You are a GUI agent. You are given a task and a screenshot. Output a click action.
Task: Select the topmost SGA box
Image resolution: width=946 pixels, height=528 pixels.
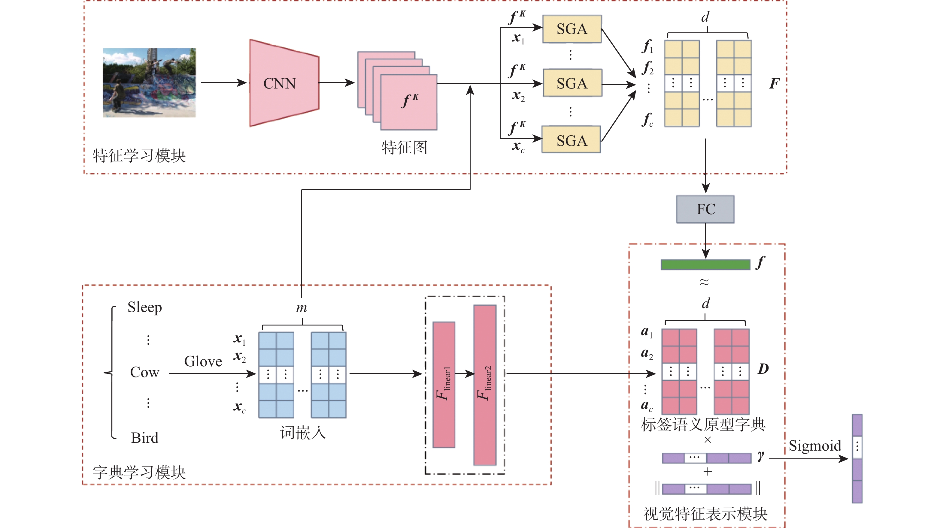coord(572,29)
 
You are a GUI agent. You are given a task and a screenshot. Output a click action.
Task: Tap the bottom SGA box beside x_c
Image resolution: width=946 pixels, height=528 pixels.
coord(572,140)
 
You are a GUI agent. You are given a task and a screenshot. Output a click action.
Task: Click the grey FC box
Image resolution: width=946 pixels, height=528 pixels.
coord(705,209)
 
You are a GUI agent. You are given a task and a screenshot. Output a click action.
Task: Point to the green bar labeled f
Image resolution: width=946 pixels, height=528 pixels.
coord(705,264)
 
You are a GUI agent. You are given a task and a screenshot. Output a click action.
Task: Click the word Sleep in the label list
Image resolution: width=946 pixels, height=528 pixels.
coord(144,307)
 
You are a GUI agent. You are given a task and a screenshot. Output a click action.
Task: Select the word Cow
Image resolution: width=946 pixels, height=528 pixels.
coord(144,372)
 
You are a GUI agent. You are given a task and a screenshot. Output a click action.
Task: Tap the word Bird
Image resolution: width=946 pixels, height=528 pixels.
coord(144,438)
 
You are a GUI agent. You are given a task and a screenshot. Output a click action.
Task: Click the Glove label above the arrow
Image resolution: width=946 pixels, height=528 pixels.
coord(203,361)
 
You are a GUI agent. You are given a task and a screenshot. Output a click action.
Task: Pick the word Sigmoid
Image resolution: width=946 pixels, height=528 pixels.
coord(814,445)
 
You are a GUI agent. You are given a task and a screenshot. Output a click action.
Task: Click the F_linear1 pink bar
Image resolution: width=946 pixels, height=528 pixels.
coord(444,385)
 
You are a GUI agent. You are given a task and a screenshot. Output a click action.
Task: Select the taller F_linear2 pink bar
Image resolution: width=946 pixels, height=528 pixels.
coord(485,385)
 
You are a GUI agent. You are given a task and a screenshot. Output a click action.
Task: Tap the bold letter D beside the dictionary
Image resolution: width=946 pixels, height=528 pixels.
coord(763,369)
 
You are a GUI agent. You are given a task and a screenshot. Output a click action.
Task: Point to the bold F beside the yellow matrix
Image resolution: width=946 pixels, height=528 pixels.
coord(774,84)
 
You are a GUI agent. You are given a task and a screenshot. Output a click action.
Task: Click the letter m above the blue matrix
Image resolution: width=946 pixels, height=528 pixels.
coord(302,308)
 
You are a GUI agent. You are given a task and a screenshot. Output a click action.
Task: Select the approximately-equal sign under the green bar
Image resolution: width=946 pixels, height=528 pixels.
coord(704,282)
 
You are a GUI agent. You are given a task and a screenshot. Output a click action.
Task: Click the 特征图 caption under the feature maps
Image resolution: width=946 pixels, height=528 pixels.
coord(404,148)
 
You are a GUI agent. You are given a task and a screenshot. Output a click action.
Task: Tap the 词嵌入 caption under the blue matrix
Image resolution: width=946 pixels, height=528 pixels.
coord(303,433)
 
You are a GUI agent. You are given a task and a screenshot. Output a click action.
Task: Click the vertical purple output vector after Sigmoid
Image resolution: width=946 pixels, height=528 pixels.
coord(857,458)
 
